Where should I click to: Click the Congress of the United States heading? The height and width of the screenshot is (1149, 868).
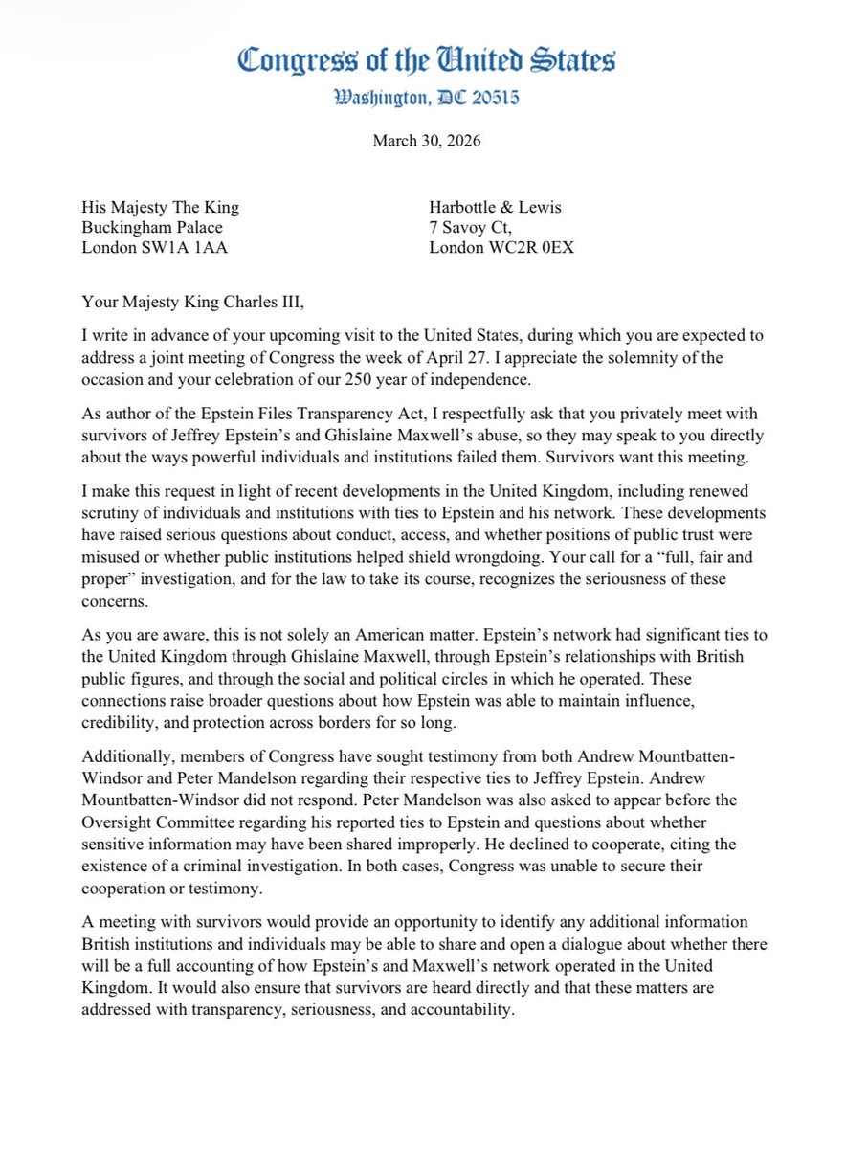pyautogui.click(x=427, y=61)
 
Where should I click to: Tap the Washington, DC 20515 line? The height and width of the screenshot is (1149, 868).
pyautogui.click(x=427, y=98)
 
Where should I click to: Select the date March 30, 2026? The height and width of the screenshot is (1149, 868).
pyautogui.click(x=427, y=141)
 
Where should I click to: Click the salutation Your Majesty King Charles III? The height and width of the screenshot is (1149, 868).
pyautogui.click(x=195, y=293)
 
